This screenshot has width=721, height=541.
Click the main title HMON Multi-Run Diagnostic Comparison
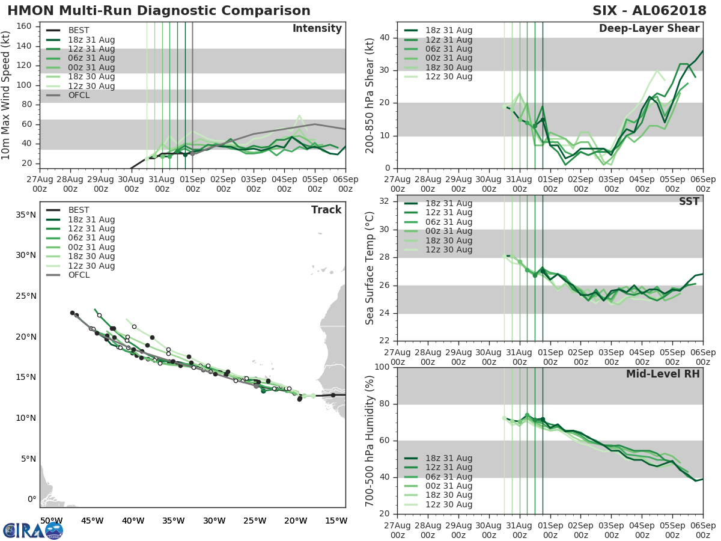tap(159, 11)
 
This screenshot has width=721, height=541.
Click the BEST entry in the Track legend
tap(79, 210)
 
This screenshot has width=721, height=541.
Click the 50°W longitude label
tap(51, 521)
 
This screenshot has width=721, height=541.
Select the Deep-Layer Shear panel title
tap(649, 29)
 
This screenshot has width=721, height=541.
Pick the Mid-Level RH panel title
tap(663, 374)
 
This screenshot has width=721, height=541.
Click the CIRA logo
tap(33, 530)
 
